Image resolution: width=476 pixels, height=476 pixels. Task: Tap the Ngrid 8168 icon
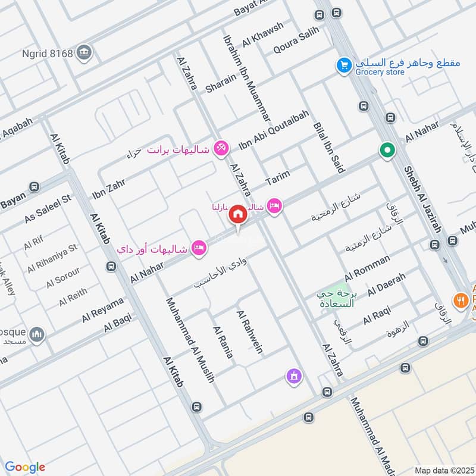pos(85,52)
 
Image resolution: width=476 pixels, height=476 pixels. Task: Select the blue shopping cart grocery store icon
pos(343,65)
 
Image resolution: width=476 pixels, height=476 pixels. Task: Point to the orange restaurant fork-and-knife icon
pos(459,301)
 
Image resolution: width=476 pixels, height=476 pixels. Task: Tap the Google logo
pos(25,467)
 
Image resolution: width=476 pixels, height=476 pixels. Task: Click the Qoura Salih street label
pos(296,40)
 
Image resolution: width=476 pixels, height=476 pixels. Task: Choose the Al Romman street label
pos(367,268)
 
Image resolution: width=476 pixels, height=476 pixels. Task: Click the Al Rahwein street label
pos(249,331)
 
